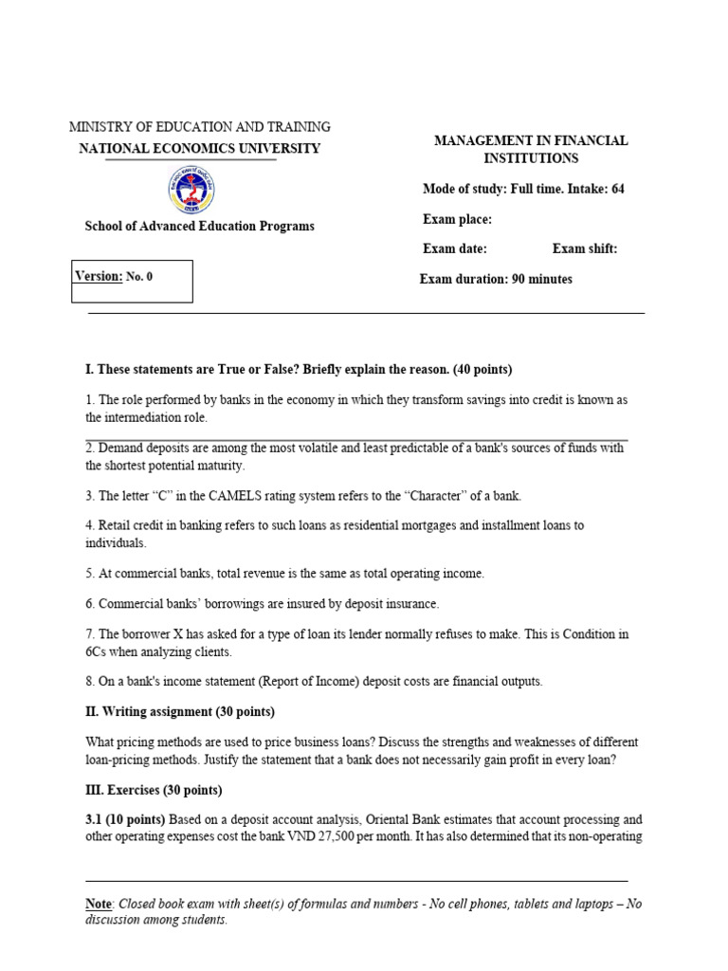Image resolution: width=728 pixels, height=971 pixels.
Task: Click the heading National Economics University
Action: (199, 148)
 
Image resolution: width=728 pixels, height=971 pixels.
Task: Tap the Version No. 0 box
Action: (133, 281)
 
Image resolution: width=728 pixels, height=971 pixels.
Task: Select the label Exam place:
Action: (457, 220)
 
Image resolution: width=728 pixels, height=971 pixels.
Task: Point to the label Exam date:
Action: (454, 249)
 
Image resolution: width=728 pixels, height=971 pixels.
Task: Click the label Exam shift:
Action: (585, 249)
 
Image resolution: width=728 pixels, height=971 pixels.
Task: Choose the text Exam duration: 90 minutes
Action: (496, 280)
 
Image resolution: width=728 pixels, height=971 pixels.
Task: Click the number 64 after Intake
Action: (617, 189)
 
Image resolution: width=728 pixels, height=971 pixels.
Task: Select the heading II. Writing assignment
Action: (180, 712)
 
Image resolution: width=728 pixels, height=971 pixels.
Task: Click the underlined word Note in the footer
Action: (99, 904)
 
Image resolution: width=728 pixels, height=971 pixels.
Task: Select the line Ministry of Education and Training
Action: (200, 127)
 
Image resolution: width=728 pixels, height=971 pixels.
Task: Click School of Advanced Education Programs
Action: (200, 226)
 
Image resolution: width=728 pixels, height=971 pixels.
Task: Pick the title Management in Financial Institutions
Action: (531, 149)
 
